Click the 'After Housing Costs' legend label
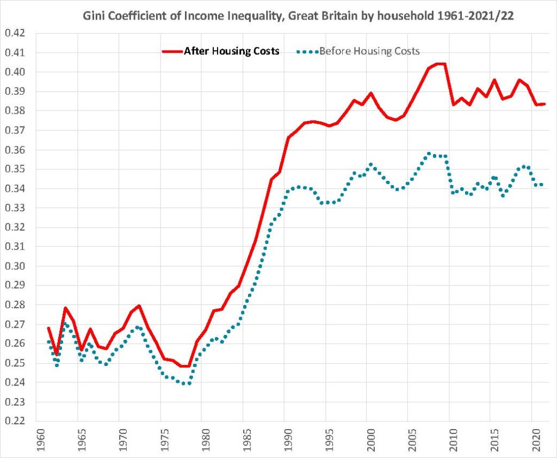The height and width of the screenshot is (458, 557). click(x=232, y=51)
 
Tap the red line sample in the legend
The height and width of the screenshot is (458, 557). click(x=171, y=51)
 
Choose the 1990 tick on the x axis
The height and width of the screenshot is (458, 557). click(x=284, y=440)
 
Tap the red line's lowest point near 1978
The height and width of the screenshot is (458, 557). click(x=185, y=366)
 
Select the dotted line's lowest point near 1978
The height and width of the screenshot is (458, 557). click(x=185, y=383)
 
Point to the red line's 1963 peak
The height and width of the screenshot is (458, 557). click(x=65, y=308)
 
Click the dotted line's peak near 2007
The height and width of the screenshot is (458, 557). click(x=429, y=154)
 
